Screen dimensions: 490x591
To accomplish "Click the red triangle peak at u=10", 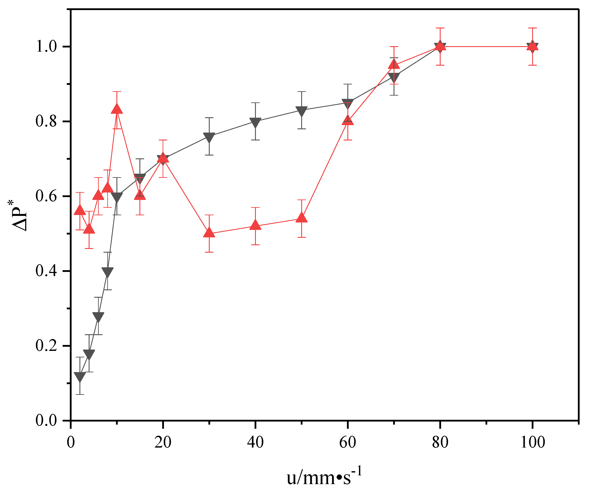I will (x=117, y=109).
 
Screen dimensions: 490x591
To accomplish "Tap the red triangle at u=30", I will (x=209, y=233).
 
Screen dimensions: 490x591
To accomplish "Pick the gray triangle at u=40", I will (x=255, y=122).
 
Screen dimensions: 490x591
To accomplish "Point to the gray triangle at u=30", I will (x=209, y=137).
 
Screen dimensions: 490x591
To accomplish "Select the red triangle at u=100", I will (x=533, y=45).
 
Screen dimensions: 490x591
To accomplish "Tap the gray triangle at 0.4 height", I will (x=107, y=272).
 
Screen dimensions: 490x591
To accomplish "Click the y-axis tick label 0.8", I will (x=46, y=121).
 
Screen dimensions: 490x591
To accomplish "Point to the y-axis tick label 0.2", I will (x=46, y=345).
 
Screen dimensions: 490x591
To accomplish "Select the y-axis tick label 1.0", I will (x=46, y=46).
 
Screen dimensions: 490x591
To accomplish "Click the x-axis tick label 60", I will (x=348, y=442).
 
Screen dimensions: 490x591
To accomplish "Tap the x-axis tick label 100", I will (x=533, y=442).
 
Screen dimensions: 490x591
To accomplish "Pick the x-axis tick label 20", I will (x=163, y=442).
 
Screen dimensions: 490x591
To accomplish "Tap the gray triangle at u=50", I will (x=302, y=111).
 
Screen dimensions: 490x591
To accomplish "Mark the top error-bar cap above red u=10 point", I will (x=117, y=91).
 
